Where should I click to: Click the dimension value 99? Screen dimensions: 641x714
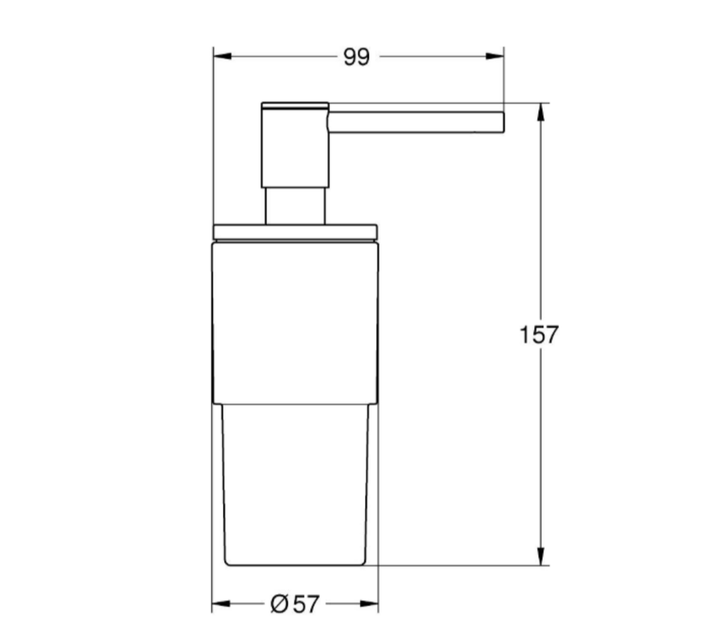pos(356,58)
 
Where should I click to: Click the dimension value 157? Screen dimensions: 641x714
pos(539,335)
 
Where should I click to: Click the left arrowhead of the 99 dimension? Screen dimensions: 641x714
pos(221,56)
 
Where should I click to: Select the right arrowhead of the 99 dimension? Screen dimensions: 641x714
pos(495,56)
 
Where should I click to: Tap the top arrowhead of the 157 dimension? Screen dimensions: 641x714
pos(541,112)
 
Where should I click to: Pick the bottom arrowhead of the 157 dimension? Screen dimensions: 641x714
pos(541,556)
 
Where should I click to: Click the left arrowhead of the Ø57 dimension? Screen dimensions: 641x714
pos(221,603)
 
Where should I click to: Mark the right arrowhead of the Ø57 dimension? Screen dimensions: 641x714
pos(370,603)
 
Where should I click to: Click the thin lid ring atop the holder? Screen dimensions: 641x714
pos(295,232)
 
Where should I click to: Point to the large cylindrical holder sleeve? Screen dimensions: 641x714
pos(295,321)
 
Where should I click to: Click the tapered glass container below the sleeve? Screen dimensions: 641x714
pos(295,483)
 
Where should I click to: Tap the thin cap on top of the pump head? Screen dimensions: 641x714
pos(295,105)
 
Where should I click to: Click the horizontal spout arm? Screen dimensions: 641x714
pos(416,122)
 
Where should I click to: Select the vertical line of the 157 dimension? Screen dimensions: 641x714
pos(541,430)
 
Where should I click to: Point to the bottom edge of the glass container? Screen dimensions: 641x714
pos(295,566)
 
